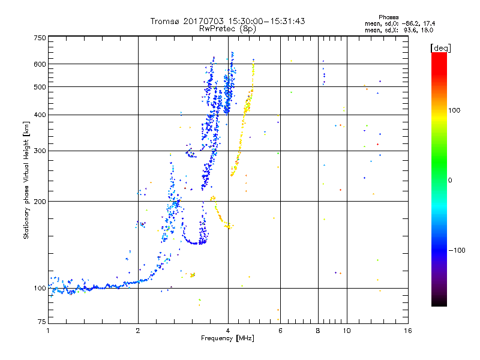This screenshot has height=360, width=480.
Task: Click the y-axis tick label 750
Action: point(40,38)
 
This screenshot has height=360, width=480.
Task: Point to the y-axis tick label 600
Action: point(40,64)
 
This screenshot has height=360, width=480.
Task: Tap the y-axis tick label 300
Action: point(40,151)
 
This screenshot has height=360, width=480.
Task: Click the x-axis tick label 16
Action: point(407,331)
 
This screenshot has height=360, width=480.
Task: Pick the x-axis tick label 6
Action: point(280,331)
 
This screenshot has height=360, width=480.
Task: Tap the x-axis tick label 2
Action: point(138,331)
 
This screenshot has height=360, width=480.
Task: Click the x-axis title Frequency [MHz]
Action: point(228,338)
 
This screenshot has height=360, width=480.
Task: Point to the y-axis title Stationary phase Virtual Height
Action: point(26,180)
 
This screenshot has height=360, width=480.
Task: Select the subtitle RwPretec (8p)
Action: point(228,28)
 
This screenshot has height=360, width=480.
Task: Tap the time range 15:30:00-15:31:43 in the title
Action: point(265,21)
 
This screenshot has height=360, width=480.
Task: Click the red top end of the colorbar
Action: point(439,55)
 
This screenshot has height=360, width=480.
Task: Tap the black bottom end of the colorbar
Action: point(439,304)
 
